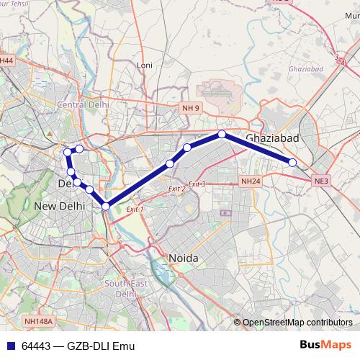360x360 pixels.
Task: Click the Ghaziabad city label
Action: point(271,137)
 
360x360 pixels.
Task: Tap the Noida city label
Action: point(182,258)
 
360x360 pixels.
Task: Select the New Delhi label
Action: point(59,206)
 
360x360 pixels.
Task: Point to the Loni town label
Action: point(145,65)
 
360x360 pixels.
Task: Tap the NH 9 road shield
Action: point(190,107)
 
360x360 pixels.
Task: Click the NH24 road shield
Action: point(250,181)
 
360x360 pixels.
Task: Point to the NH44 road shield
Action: point(7,61)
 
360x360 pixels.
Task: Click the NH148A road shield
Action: point(36,321)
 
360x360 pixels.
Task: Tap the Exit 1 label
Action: point(135,209)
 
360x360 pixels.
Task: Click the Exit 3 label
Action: point(197,185)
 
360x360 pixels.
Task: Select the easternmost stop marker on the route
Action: point(292,163)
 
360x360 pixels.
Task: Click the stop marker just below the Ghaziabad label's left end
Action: point(222,134)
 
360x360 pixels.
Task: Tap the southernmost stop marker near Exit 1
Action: point(106,207)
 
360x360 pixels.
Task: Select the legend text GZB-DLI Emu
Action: point(101,346)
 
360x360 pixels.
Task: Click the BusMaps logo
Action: point(325,346)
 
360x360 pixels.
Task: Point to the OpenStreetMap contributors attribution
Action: point(297,322)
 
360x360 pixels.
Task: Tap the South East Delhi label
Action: point(126,289)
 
